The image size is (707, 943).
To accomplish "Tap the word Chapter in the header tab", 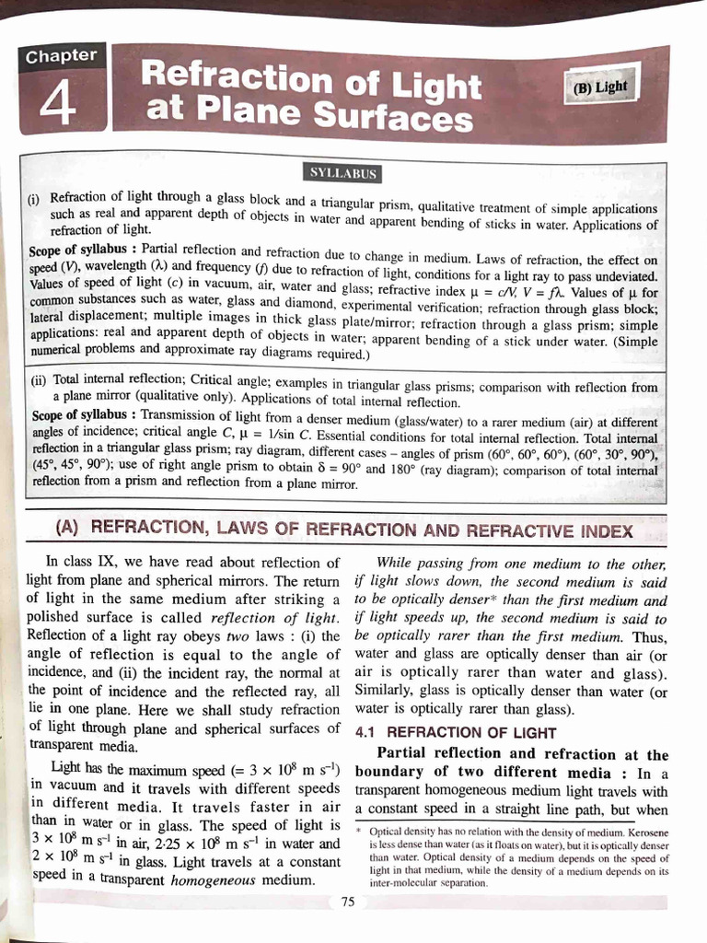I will [x=61, y=55].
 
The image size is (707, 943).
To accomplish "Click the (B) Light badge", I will [x=599, y=88].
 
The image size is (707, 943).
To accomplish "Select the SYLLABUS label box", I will [x=342, y=173].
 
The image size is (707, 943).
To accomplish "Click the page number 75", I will [x=347, y=902].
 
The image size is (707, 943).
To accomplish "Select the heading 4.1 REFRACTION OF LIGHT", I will [x=455, y=733].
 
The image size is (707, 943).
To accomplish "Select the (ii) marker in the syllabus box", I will [x=40, y=379].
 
